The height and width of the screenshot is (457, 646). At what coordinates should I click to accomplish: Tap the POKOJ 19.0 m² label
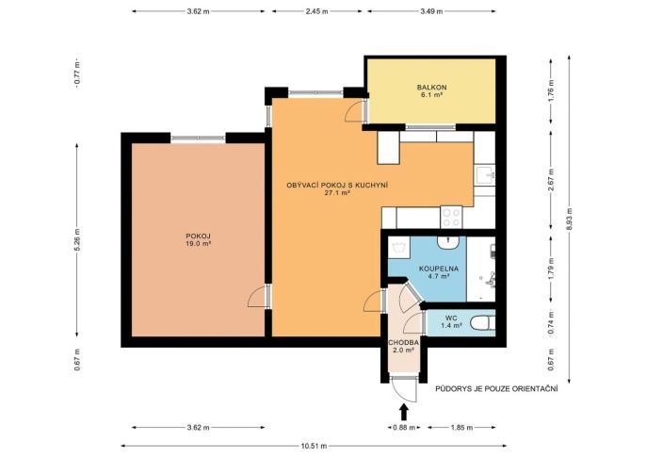tap(198, 240)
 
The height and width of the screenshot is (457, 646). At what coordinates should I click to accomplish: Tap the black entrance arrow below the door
tap(404, 412)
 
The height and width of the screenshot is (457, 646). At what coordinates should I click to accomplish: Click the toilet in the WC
tap(482, 323)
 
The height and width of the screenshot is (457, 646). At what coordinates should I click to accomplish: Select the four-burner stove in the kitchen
tap(451, 217)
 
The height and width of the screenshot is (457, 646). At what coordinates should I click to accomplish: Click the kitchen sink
tap(485, 175)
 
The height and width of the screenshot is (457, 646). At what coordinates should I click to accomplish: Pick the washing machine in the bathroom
tap(399, 247)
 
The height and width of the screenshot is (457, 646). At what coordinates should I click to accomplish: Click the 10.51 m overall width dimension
tap(314, 446)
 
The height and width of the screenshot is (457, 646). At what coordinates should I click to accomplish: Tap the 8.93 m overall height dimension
tap(569, 220)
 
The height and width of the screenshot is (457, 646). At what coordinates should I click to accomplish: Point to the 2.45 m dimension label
tap(316, 11)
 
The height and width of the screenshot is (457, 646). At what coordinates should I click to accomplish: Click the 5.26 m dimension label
tap(77, 240)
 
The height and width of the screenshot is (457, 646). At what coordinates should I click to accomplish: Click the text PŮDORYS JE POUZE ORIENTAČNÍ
tap(496, 388)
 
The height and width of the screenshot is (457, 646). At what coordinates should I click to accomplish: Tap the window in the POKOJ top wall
tap(198, 139)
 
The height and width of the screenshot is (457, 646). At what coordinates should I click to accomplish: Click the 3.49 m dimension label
tap(431, 11)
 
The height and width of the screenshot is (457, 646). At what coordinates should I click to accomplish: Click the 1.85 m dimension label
tap(461, 428)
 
